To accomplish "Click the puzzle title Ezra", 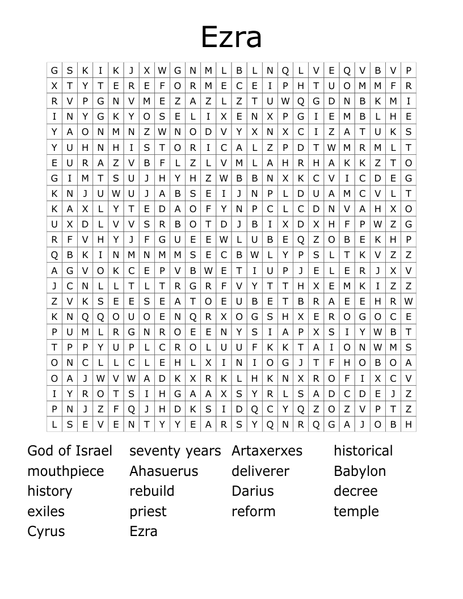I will (231, 37).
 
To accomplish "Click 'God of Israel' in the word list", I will (70, 451).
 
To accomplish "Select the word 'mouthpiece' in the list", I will (66, 471).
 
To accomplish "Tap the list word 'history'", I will (50, 491).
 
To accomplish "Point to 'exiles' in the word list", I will (46, 511).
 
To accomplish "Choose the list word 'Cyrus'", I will (46, 531).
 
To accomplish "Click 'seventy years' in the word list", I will (175, 451).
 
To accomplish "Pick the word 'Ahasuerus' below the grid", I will (163, 471).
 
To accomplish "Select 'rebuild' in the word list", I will (151, 491).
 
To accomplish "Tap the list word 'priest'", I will (148, 511).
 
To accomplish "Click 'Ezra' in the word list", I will (143, 531).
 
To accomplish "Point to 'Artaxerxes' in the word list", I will (267, 451).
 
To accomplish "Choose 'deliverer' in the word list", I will (260, 471).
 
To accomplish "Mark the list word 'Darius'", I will (252, 491).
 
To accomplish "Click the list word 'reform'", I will (253, 511).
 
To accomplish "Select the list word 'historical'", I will (363, 451).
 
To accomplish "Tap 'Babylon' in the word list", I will (360, 471).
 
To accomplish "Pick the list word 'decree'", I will (355, 491).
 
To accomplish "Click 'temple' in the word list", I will (356, 511).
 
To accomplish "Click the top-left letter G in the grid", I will (54, 71).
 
